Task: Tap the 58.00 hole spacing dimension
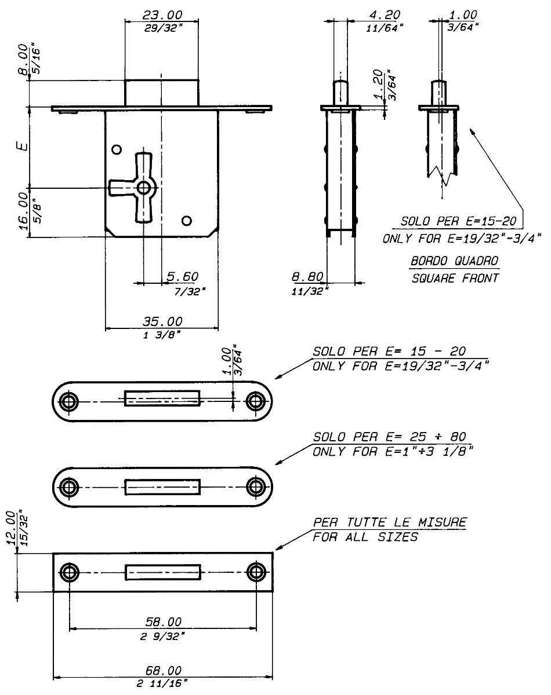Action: pyautogui.click(x=162, y=622)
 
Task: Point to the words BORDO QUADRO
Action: pyautogui.click(x=454, y=261)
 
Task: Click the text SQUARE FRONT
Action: pyautogui.click(x=454, y=278)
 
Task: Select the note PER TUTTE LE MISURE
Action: pyautogui.click(x=389, y=522)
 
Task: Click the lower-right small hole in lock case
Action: pyautogui.click(x=186, y=220)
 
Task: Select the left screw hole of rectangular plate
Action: pyautogui.click(x=70, y=572)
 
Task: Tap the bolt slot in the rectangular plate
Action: pyautogui.click(x=163, y=572)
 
